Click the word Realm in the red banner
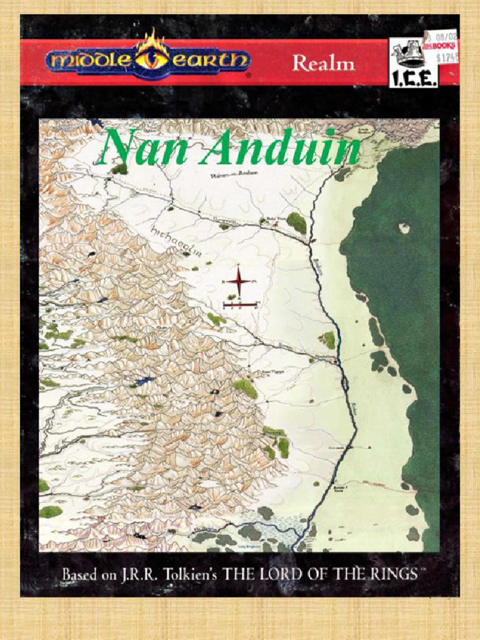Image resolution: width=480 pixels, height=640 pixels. (x=323, y=63)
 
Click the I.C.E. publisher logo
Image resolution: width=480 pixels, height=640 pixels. (x=413, y=63)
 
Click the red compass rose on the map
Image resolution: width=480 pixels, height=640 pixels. (x=238, y=282)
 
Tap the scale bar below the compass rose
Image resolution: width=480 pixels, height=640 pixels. (x=239, y=304)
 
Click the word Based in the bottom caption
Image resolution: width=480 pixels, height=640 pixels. (x=79, y=574)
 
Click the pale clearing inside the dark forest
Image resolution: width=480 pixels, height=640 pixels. (x=404, y=228)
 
